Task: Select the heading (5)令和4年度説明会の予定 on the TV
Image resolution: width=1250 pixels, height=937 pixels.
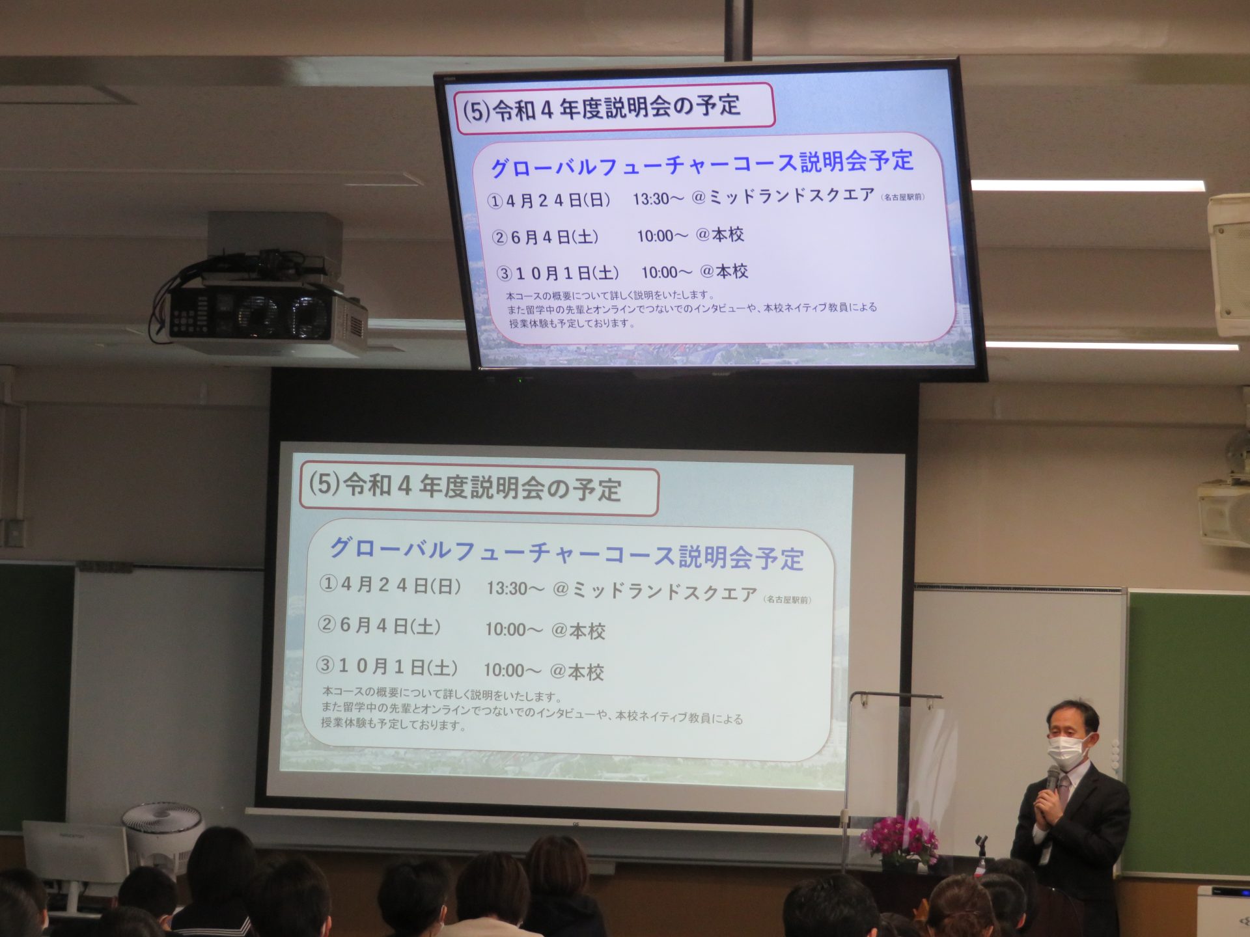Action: (602, 108)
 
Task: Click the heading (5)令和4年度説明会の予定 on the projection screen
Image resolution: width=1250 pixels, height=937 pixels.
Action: (465, 487)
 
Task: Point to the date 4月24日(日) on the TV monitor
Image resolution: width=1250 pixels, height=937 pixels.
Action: (558, 200)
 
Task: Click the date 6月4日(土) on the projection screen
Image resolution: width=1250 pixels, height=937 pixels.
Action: (390, 626)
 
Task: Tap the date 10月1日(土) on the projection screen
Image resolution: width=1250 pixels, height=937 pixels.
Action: (398, 667)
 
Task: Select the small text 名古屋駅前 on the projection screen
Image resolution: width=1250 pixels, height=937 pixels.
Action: (788, 599)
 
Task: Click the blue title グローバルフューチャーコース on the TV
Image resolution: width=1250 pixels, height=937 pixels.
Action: (644, 165)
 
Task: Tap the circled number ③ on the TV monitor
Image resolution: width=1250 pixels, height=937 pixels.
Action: (505, 273)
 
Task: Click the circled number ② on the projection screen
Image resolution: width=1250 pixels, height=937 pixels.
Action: (326, 625)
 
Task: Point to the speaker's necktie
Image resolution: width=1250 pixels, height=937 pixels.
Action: (1062, 790)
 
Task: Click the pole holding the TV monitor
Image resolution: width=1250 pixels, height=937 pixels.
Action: (738, 30)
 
